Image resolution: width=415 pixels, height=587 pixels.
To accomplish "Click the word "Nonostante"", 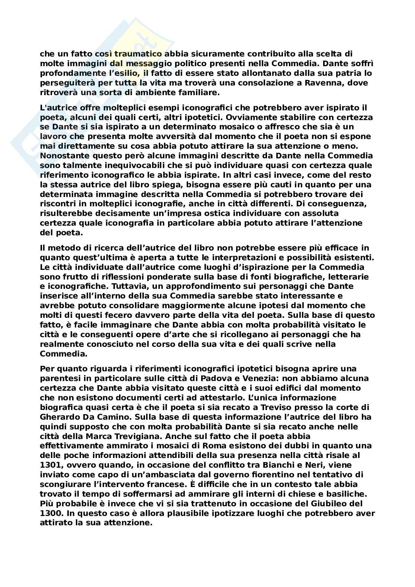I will (63, 156).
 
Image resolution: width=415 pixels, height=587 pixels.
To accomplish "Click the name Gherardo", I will (58, 417).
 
